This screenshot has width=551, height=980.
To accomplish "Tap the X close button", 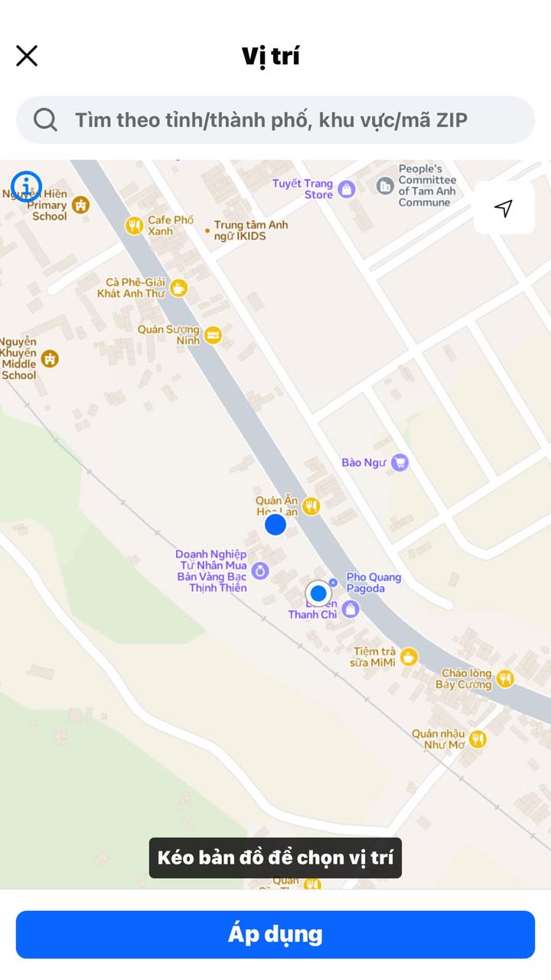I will tap(27, 56).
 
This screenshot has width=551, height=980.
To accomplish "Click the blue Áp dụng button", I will tap(275, 934).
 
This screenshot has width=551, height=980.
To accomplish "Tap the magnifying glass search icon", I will tap(45, 119).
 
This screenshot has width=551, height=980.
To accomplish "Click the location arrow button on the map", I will tap(504, 208).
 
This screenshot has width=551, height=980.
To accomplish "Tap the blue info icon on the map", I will tap(27, 185).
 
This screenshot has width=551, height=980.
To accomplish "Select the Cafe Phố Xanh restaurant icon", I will tap(135, 225).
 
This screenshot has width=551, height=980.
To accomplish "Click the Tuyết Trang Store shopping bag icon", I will tap(347, 189).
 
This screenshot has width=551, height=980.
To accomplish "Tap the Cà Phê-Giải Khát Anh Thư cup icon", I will tap(178, 288).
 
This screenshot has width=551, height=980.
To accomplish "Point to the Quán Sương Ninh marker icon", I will tap(213, 335).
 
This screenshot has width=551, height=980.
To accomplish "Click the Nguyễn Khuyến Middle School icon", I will tap(51, 358).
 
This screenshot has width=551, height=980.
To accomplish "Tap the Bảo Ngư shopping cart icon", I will tap(399, 462).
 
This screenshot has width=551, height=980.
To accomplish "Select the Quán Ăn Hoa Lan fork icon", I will tap(311, 505).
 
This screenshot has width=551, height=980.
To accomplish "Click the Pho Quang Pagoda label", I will tap(373, 583).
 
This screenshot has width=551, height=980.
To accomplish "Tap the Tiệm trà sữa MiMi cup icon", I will tap(409, 656).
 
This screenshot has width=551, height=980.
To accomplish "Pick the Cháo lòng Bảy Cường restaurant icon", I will tap(504, 678).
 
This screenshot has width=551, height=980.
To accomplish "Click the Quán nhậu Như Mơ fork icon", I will tap(478, 739).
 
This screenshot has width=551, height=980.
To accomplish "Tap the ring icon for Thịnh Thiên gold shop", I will tap(260, 570).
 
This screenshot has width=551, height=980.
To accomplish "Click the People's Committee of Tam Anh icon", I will tap(385, 185).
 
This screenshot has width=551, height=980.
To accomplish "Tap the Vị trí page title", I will tap(271, 56).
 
